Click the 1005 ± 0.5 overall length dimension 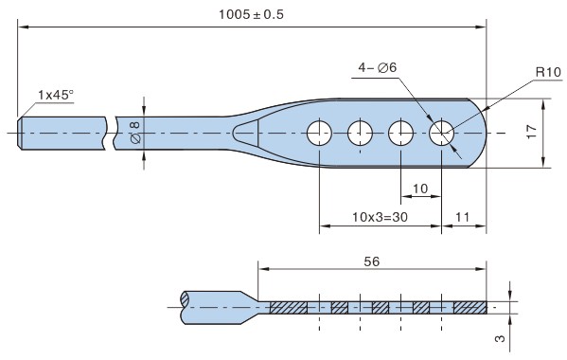(251, 15)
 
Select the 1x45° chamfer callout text (56, 95)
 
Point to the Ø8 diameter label (135, 133)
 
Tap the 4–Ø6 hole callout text (377, 67)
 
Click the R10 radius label (548, 72)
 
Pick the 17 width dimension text (532, 132)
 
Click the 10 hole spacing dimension (420, 189)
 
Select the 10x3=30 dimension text (380, 217)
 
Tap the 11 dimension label (463, 217)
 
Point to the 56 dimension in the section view (372, 261)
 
